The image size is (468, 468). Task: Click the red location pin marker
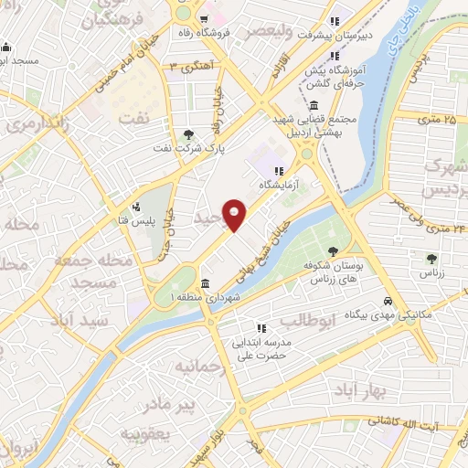pos(235,214)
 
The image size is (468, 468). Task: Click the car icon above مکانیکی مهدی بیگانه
pos(388,301)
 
